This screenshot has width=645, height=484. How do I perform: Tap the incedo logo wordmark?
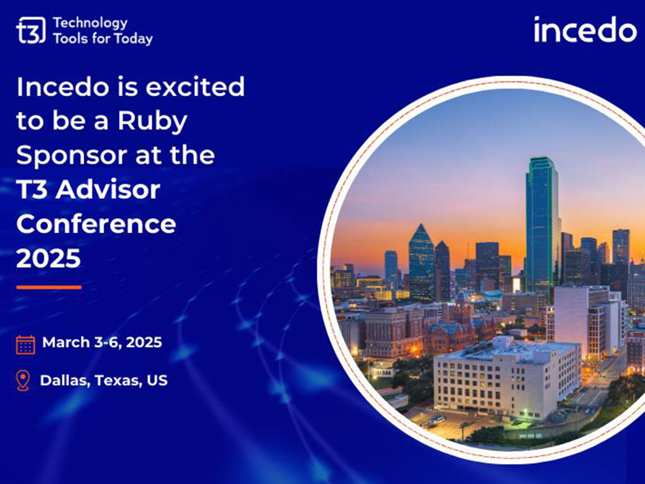point(585,30)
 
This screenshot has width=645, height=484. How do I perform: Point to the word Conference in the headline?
point(96,224)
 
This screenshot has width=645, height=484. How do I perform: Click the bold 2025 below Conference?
point(48,258)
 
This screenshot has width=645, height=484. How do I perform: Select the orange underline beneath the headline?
point(48,287)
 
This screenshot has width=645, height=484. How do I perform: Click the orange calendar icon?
point(26,344)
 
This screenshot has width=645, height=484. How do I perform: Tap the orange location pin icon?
point(23,381)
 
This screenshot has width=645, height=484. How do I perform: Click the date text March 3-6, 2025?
point(102,343)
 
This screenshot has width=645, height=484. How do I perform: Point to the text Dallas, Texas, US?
point(104,381)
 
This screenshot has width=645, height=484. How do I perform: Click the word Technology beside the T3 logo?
point(90,23)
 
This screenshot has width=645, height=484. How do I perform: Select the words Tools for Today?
point(103,39)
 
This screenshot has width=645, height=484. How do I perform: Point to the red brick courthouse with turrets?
point(457,328)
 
